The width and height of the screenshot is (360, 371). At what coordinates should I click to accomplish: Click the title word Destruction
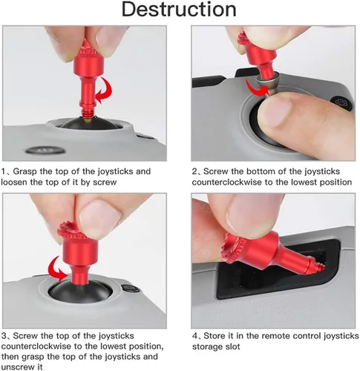pyautogui.click(x=179, y=10)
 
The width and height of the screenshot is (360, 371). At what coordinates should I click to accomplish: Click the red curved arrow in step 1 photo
pyautogui.click(x=106, y=91)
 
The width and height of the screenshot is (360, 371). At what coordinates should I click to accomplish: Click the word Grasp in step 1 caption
pyautogui.click(x=24, y=171)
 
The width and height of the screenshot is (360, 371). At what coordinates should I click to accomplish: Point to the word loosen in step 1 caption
pyautogui.click(x=14, y=182)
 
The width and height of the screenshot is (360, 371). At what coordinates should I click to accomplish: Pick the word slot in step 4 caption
pyautogui.click(x=233, y=347)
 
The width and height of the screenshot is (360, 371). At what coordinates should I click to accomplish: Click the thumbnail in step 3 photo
pyautogui.click(x=99, y=217)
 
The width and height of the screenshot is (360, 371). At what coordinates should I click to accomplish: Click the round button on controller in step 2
pyautogui.click(x=344, y=103)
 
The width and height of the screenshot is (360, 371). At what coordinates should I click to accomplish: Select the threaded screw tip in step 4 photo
pyautogui.click(x=318, y=266)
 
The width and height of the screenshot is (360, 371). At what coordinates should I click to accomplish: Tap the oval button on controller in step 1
pyautogui.click(x=45, y=150)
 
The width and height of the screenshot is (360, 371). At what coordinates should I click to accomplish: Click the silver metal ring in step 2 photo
pyautogui.click(x=266, y=82)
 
